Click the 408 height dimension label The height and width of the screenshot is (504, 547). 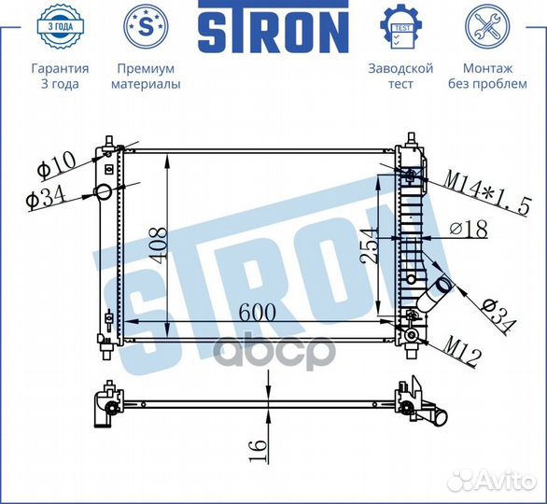tap(158, 245)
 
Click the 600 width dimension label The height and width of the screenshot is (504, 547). tap(257, 312)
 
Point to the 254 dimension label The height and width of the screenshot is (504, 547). tap(369, 245)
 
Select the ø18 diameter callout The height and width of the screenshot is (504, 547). tap(469, 230)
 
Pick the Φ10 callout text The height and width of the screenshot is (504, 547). tap(57, 166)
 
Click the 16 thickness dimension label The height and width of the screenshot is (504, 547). tap(258, 450)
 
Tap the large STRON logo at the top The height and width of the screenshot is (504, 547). tap(273, 27)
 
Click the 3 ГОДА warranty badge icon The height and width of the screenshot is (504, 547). tap(60, 26)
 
